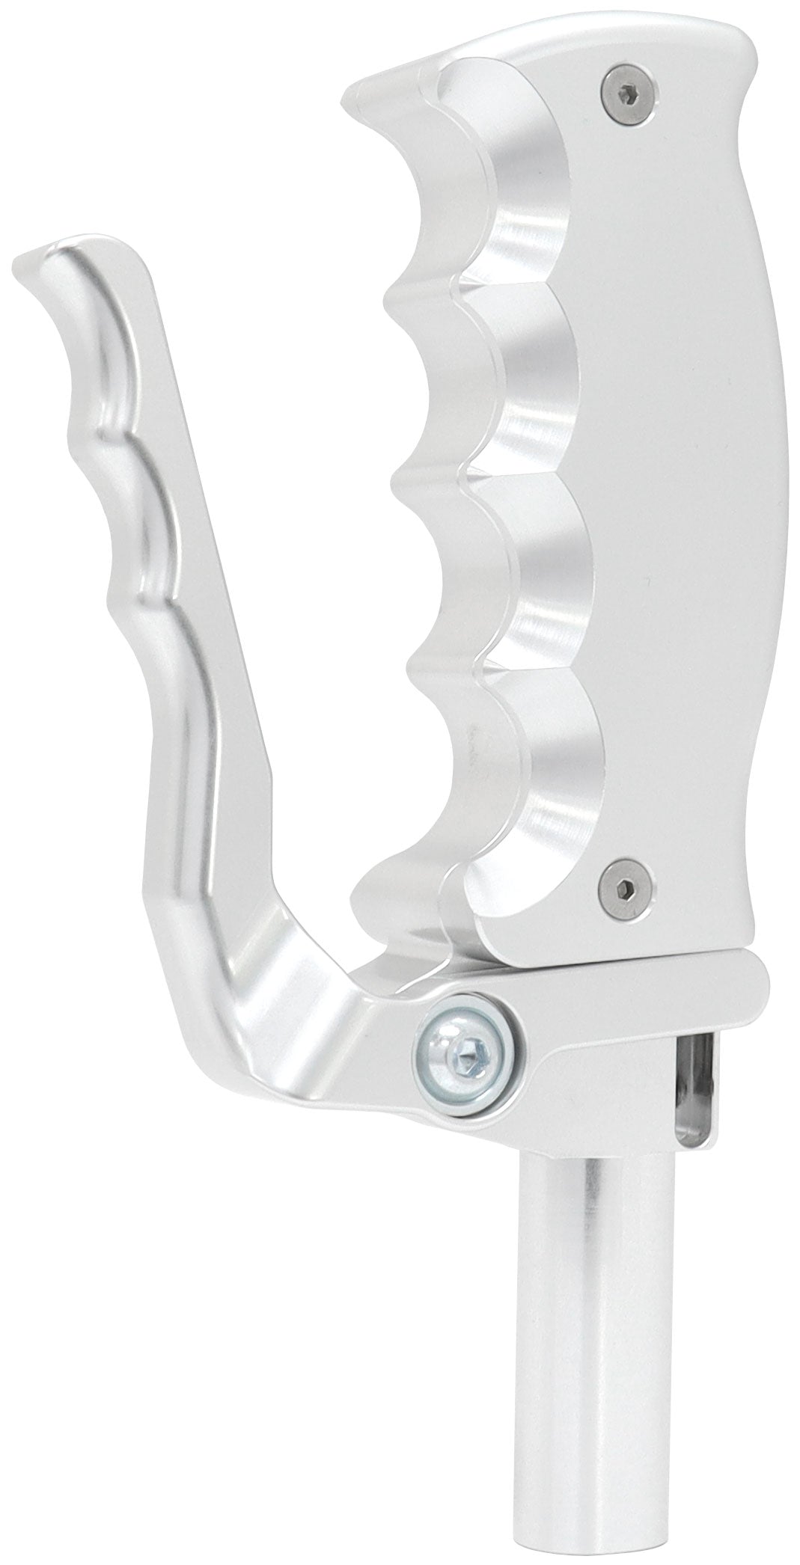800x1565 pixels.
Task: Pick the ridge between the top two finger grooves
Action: coord(419,307)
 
